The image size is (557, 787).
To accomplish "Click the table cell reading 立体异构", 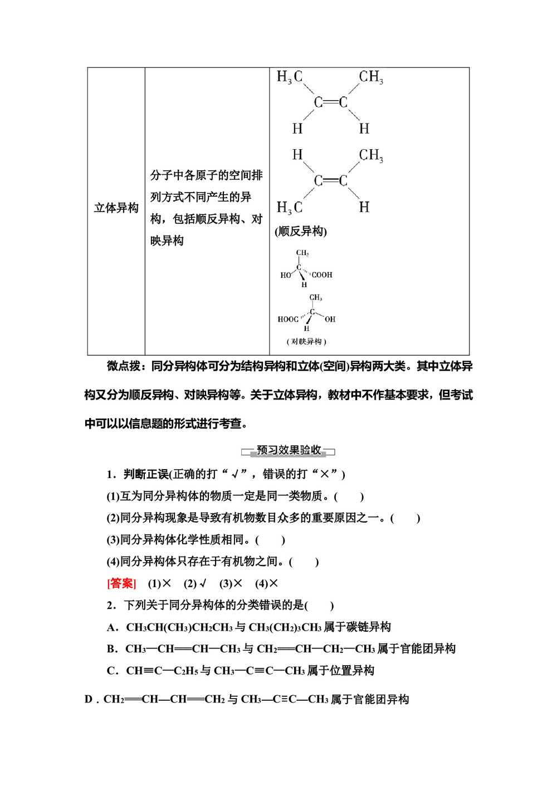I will pyautogui.click(x=116, y=208).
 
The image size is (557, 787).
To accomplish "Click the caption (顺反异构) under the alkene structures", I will pyautogui.click(x=301, y=231).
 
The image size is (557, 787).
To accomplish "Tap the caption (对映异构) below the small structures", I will pyautogui.click(x=306, y=341).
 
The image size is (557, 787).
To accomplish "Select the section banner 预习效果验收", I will pyautogui.click(x=289, y=450).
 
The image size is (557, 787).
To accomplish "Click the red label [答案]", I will pyautogui.click(x=121, y=583).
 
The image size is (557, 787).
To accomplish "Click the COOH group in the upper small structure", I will pyautogui.click(x=321, y=275).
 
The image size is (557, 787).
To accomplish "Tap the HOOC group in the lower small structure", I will pyautogui.click(x=288, y=319).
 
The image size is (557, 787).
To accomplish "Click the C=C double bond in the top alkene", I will pyautogui.click(x=330, y=102).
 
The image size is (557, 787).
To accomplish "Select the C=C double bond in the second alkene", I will pyautogui.click(x=330, y=181).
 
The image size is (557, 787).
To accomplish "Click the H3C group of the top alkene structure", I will pyautogui.click(x=290, y=77).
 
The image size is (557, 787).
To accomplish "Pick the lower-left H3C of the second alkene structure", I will pyautogui.click(x=290, y=208).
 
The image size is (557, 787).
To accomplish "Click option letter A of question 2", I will pyautogui.click(x=112, y=627).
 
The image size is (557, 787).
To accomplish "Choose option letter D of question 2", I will pyautogui.click(x=89, y=700).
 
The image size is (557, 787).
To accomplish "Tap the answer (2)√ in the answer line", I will pyautogui.click(x=195, y=583).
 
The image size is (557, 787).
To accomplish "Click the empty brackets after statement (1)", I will pyautogui.click(x=349, y=496).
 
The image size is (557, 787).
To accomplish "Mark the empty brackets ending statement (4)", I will pyautogui.click(x=304, y=562).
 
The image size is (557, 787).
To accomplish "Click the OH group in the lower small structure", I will pyautogui.click(x=330, y=319).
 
